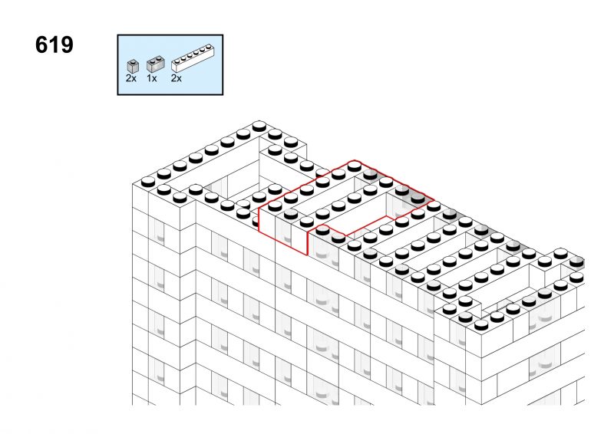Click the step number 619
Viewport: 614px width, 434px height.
click(x=54, y=44)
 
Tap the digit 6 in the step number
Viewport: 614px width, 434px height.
click(x=41, y=44)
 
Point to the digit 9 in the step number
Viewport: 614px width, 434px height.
click(x=66, y=44)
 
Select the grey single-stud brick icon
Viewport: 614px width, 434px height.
click(x=133, y=66)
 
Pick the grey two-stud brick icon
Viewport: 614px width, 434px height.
click(x=156, y=64)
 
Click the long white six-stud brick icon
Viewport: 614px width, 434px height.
click(x=193, y=60)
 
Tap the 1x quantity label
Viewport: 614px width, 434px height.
click(x=152, y=78)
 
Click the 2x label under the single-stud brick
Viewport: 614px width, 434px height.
click(x=131, y=78)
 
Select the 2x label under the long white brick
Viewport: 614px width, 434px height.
click(x=177, y=78)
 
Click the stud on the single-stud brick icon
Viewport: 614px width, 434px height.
click(x=133, y=61)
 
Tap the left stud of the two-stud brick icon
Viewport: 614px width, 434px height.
click(x=153, y=61)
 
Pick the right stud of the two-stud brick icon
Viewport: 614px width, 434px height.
click(x=159, y=59)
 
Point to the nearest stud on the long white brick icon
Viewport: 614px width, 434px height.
click(x=177, y=61)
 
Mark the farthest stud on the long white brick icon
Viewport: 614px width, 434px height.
click(x=208, y=48)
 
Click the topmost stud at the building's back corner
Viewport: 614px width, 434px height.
click(x=259, y=126)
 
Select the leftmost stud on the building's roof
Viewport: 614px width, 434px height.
click(x=148, y=181)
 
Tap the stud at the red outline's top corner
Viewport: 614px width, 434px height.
click(x=354, y=166)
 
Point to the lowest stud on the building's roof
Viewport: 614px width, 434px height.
click(x=481, y=324)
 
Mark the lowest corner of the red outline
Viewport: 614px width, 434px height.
click(x=307, y=255)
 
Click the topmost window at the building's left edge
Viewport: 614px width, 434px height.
click(x=158, y=231)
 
